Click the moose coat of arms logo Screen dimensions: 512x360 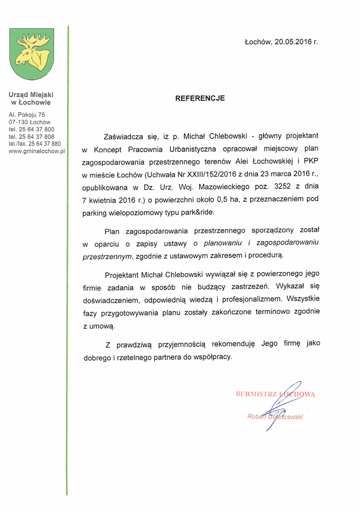click(32, 53)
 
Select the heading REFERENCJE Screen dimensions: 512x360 click(200, 98)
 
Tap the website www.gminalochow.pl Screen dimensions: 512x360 click(36, 151)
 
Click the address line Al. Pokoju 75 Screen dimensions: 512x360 click(26, 115)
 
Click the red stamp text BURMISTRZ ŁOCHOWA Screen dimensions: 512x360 click(275, 394)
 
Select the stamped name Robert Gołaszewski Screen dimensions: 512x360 click(275, 416)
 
